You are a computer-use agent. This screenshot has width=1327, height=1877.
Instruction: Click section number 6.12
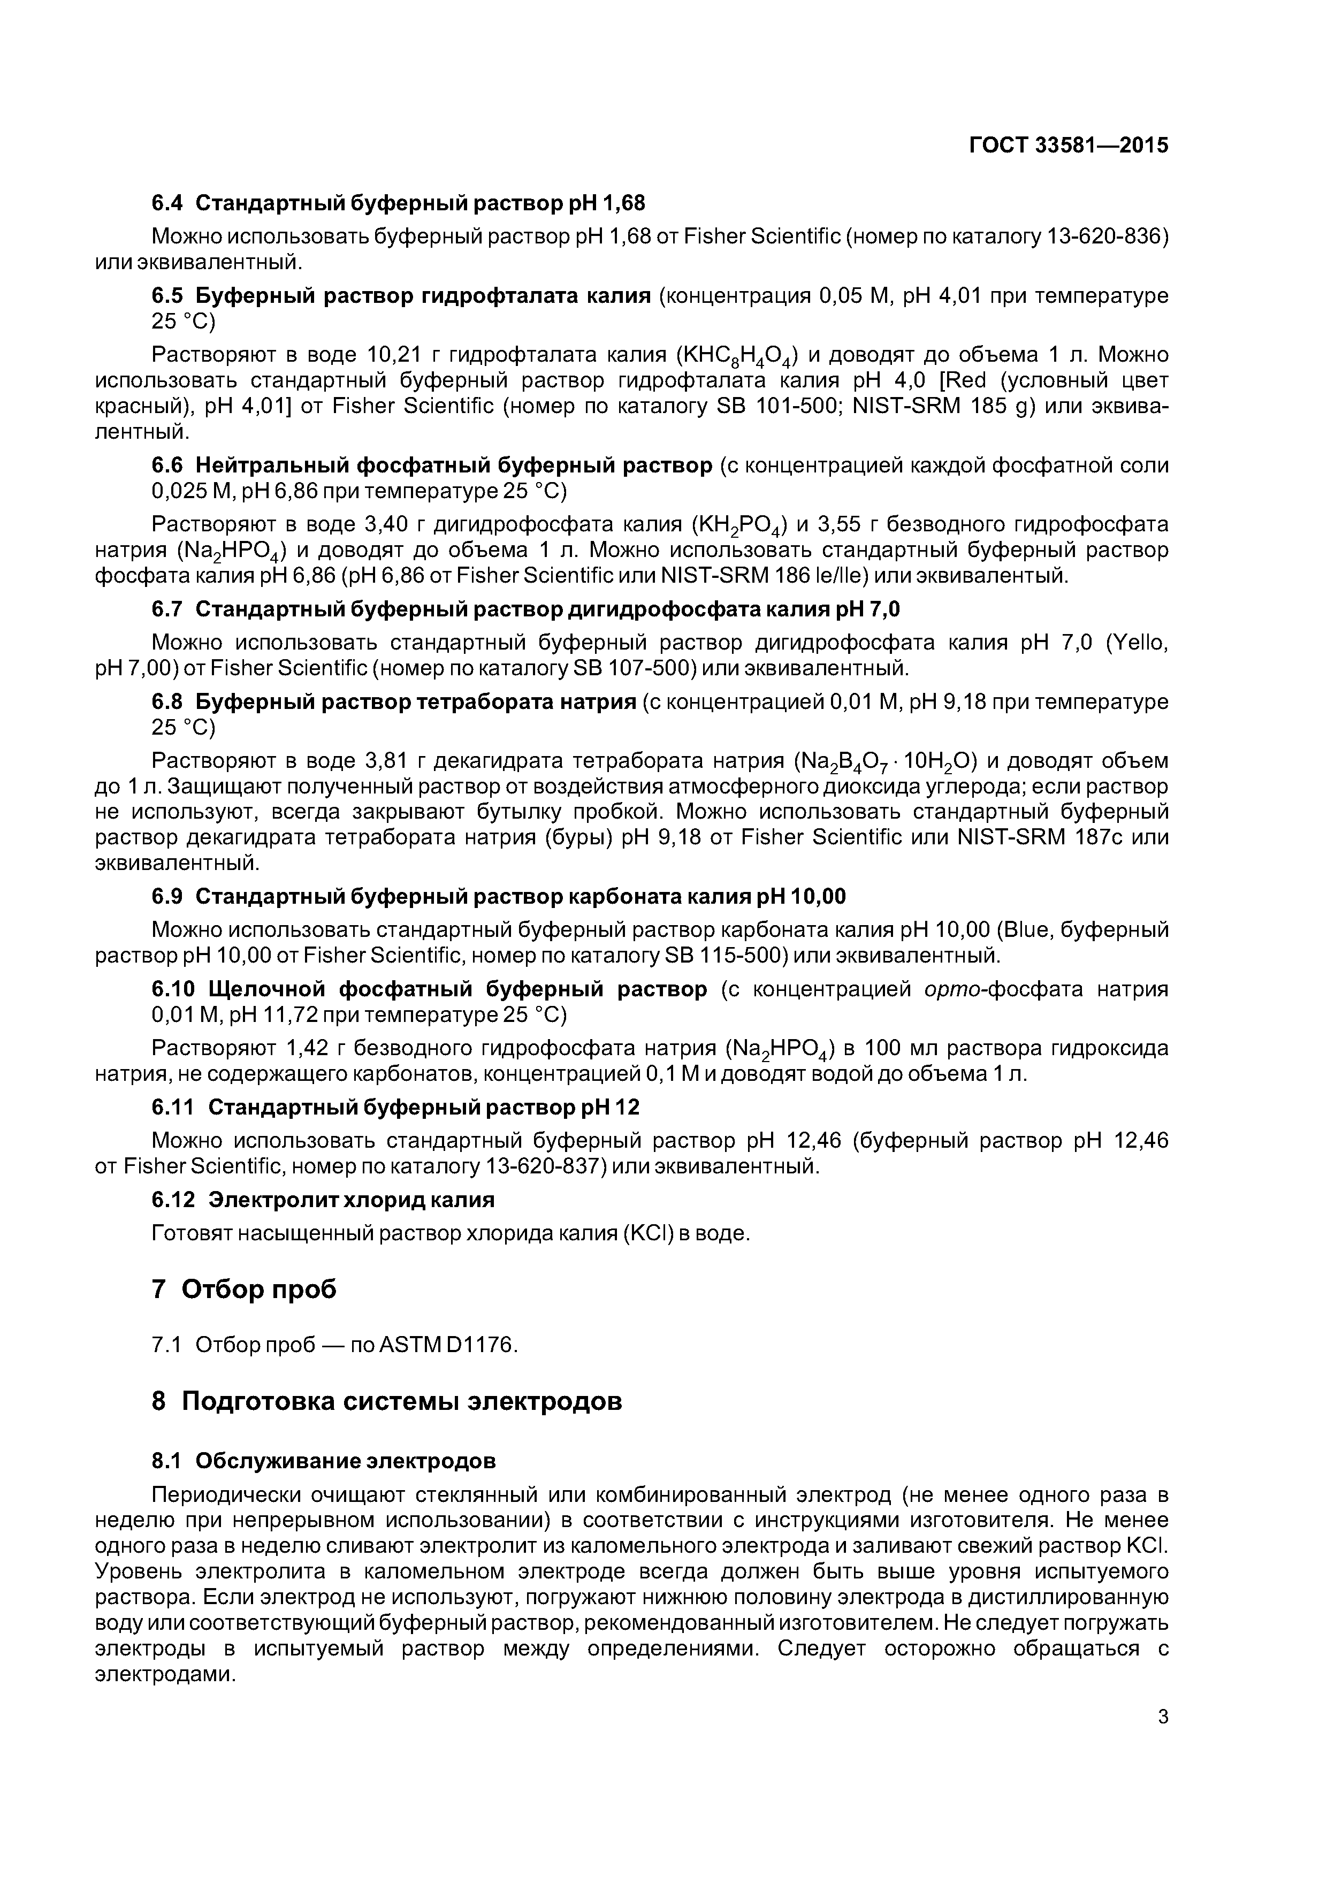click(173, 1200)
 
